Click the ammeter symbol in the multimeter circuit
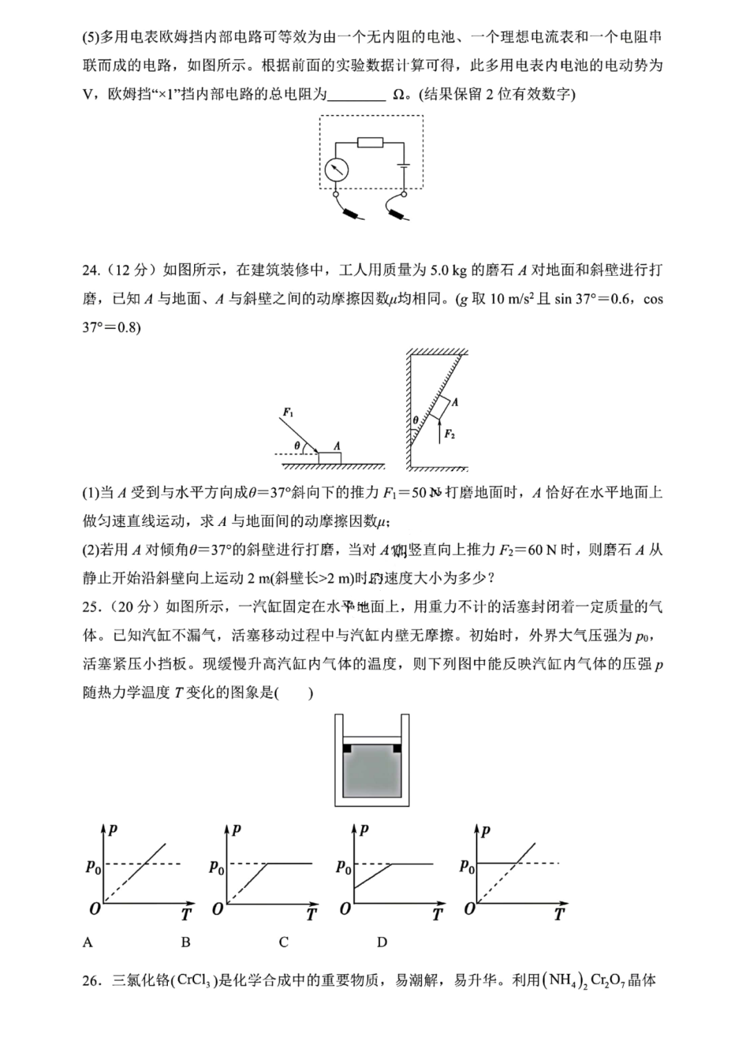pos(336,170)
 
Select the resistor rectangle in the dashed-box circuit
pos(370,143)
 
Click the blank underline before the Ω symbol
pos(356,95)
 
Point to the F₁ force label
pos(288,413)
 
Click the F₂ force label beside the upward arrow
pos(450,434)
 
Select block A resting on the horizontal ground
pos(329,458)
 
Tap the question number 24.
pos(91,270)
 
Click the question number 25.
pos(91,607)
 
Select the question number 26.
pos(91,980)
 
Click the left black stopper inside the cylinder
pos(347,748)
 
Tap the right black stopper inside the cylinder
pos(397,748)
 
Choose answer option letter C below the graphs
pos(283,941)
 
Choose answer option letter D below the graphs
pos(382,941)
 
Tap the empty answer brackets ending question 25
pos(296,692)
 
